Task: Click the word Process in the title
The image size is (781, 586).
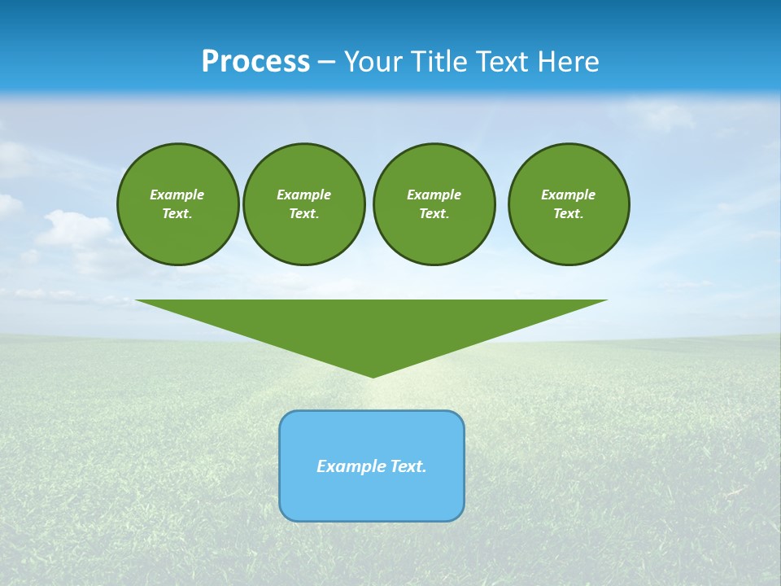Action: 255,62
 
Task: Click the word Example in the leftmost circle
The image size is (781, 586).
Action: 177,195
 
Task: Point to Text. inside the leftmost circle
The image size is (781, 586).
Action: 177,213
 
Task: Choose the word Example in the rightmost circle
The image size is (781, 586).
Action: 569,195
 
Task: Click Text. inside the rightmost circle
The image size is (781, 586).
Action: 569,213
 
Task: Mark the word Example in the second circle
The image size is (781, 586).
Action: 303,195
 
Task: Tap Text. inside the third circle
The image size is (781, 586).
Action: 434,213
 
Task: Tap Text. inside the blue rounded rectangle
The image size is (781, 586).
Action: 408,466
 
